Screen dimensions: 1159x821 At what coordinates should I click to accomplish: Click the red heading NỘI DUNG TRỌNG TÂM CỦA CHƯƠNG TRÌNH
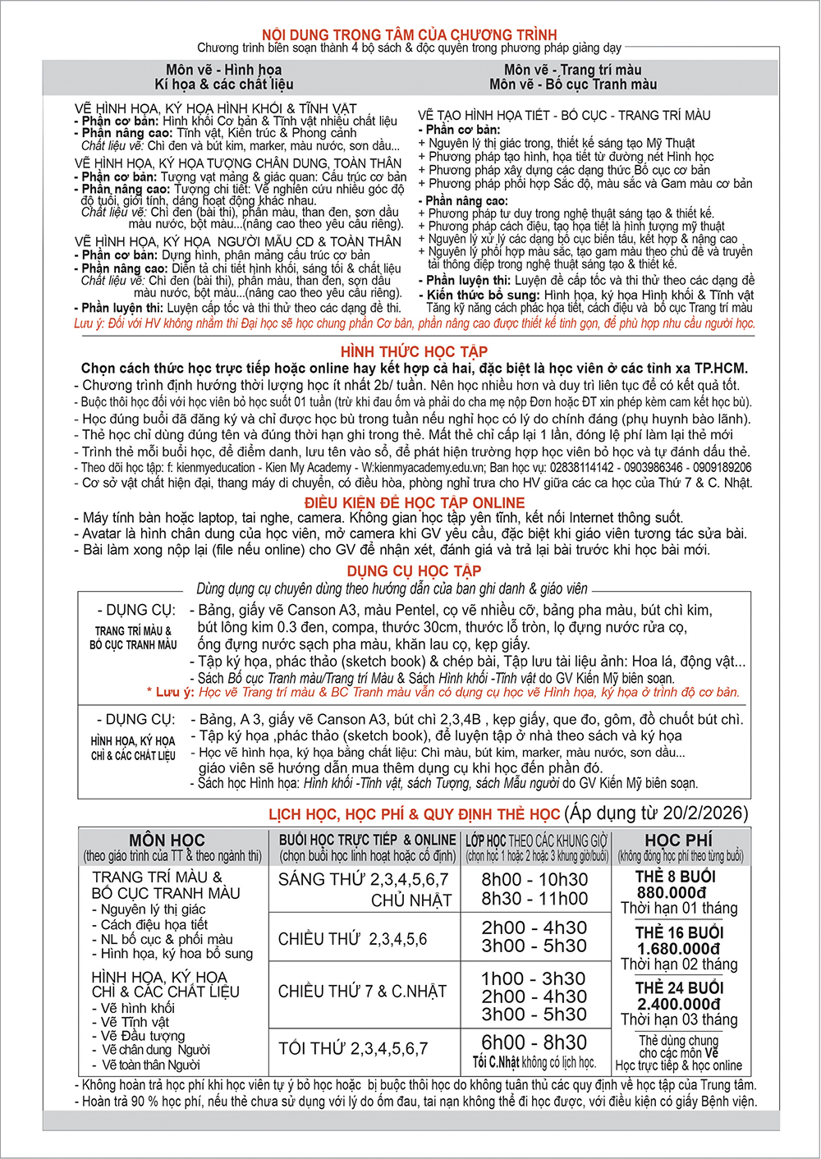(409, 34)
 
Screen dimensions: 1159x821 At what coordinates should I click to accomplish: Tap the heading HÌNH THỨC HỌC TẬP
(414, 352)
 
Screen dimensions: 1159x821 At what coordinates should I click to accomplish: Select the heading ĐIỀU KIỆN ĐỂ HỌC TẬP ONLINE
(415, 502)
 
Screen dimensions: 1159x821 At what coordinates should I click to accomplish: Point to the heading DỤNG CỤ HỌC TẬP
(414, 570)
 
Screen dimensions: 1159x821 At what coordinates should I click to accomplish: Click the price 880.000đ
(671, 893)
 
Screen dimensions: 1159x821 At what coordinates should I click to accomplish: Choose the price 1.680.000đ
(679, 949)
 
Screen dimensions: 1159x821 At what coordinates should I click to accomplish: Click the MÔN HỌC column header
(167, 840)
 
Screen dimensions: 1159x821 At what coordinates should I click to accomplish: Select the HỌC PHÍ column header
(679, 840)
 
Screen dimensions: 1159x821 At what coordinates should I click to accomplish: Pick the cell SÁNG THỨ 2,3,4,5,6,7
(364, 880)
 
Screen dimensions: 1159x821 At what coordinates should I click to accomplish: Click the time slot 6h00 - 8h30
(534, 1042)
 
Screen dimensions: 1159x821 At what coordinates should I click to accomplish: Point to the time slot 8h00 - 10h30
(534, 880)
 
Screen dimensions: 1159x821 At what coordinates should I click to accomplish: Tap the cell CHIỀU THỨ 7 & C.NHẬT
(362, 992)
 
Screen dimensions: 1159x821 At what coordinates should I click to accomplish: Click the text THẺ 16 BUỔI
(679, 932)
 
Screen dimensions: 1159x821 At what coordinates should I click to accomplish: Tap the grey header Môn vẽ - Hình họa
(223, 70)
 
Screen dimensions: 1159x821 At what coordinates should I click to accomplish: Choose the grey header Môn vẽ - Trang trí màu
(572, 70)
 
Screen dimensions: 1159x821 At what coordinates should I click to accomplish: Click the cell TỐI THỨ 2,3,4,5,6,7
(353, 1048)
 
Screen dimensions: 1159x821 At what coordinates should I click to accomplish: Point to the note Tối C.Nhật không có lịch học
(534, 1062)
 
